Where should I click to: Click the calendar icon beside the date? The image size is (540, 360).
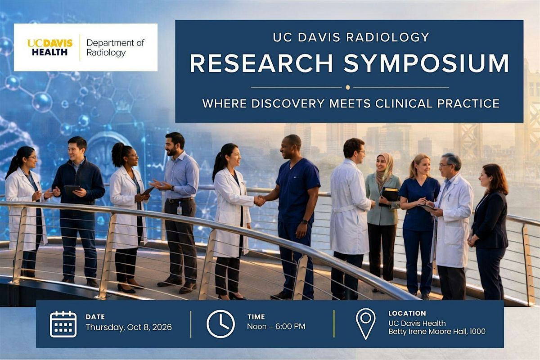tap(63, 324)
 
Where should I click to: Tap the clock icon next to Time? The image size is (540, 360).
tap(220, 324)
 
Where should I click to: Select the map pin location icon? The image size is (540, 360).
tap(366, 324)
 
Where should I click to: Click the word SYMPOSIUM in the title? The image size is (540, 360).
tap(426, 63)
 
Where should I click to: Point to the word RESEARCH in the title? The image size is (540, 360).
tap(261, 63)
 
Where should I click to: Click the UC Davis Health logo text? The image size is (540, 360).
tap(50, 47)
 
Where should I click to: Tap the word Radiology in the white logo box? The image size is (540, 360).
tap(106, 53)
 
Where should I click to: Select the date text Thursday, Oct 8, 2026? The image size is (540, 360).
tap(129, 327)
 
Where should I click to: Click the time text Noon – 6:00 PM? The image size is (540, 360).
tap(276, 326)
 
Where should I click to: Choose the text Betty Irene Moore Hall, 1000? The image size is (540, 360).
tap(437, 332)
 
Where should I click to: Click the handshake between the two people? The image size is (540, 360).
tap(260, 200)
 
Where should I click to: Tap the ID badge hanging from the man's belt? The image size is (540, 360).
tap(180, 208)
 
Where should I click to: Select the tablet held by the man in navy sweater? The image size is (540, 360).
tap(72, 189)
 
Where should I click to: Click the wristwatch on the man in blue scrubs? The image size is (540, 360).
tap(305, 221)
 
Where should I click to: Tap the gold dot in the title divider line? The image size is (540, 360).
tap(347, 87)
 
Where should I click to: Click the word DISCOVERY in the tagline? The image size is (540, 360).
tap(288, 103)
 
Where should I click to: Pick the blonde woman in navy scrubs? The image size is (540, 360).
tap(419, 224)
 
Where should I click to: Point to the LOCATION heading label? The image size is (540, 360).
tap(407, 313)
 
